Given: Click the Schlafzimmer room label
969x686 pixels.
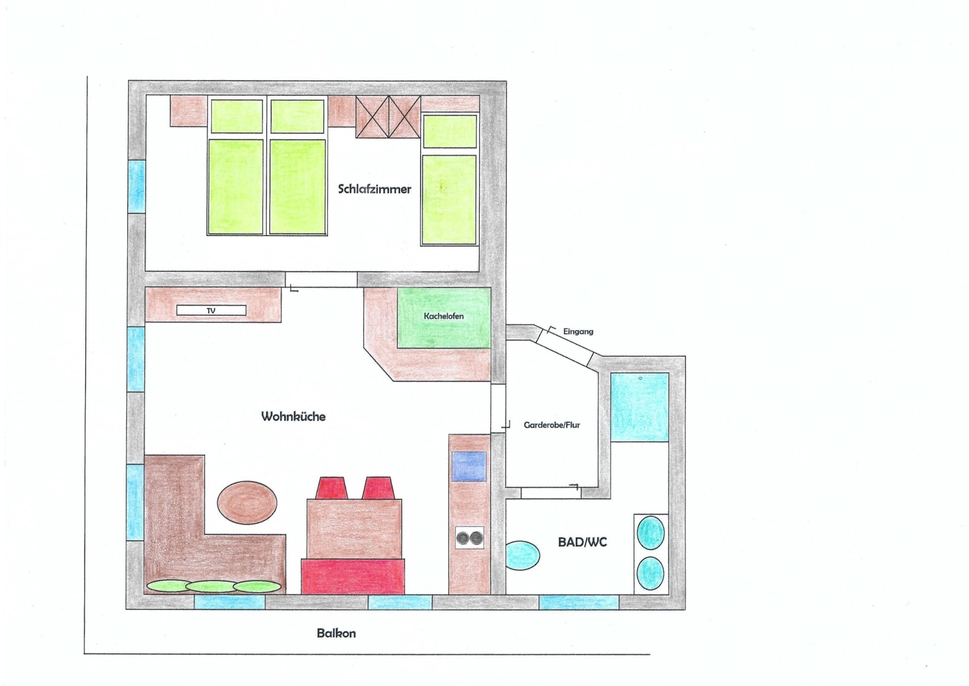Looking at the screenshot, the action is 374,189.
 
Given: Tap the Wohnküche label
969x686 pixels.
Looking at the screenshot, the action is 293,416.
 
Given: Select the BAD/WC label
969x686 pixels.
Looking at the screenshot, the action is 582,542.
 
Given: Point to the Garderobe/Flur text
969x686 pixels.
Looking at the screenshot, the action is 552,425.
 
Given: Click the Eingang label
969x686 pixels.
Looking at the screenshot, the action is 578,331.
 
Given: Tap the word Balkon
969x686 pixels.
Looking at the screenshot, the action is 336,633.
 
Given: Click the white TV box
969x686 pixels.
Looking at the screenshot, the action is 211,310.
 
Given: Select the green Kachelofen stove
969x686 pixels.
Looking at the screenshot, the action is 444,318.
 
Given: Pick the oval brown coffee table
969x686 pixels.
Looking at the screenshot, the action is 247,503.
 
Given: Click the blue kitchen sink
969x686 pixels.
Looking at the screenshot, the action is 469,466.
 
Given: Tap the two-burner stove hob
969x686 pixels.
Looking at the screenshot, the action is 470,538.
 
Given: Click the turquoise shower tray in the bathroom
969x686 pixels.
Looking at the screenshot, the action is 640,407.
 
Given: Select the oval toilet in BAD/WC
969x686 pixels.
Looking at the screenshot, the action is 522,556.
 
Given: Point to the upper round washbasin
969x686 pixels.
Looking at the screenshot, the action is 651,532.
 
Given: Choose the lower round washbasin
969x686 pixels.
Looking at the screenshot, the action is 651,573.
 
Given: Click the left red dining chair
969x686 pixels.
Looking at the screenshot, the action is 331,488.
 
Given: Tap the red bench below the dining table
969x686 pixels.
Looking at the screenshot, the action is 353,576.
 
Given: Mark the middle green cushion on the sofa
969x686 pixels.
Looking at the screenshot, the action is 211,586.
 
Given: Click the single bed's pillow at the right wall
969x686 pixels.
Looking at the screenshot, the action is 450,131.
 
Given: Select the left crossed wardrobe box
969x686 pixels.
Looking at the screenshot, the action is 372,117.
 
